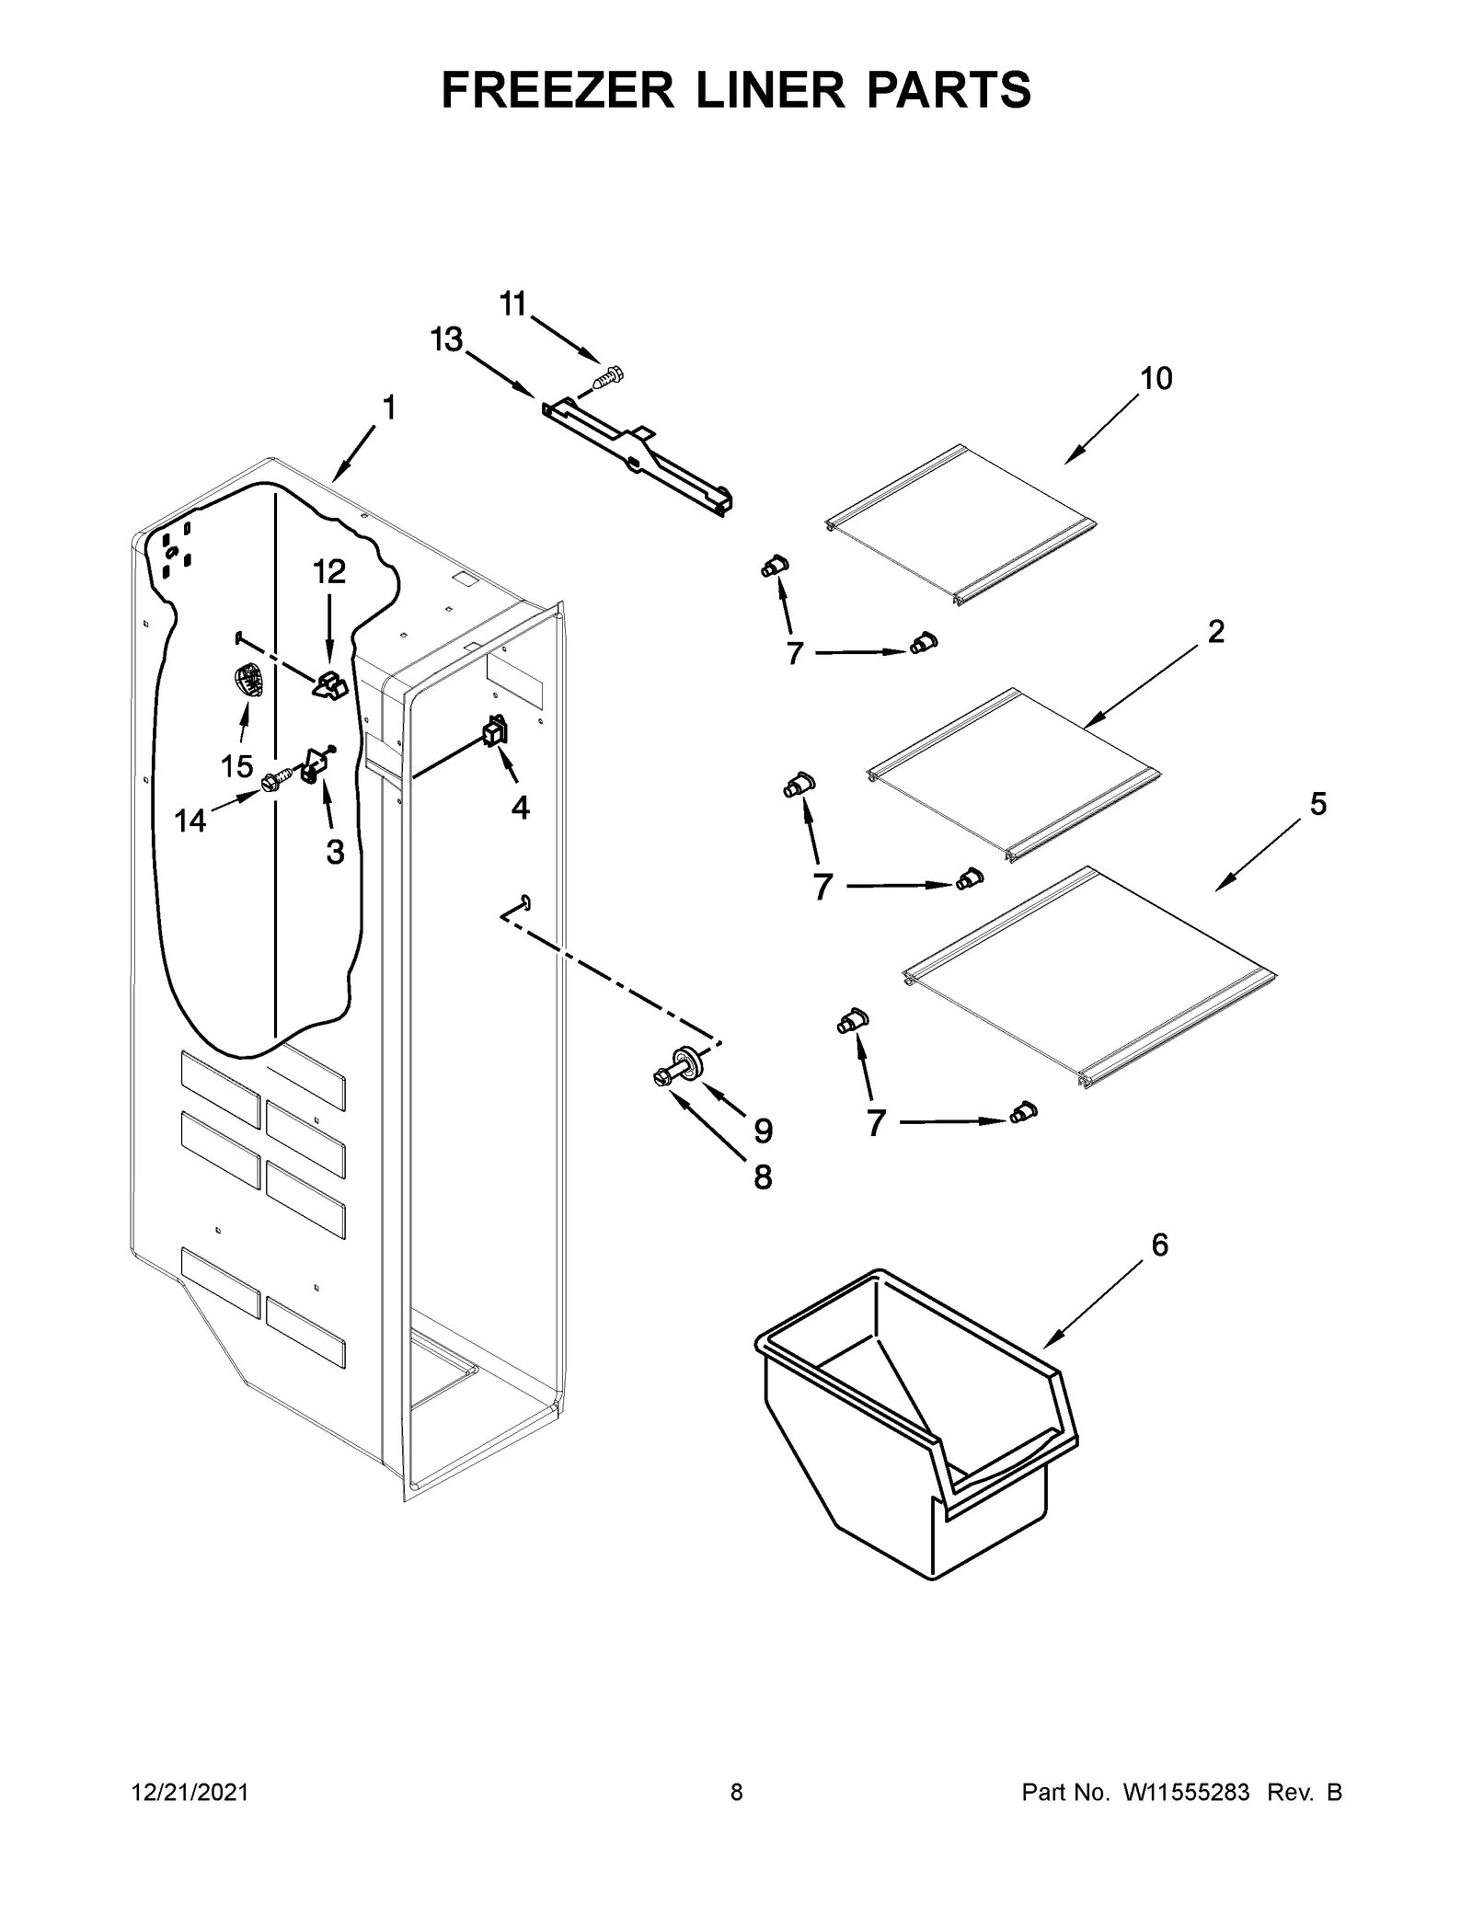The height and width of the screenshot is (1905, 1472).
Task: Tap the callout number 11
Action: (x=513, y=303)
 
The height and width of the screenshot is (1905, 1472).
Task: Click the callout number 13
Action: (x=447, y=340)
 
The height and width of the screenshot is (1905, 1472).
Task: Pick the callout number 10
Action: (x=1156, y=378)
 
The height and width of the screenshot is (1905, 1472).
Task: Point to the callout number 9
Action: (x=763, y=1130)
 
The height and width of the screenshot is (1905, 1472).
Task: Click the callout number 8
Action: (x=763, y=1176)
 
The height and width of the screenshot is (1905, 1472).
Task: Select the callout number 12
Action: (x=329, y=572)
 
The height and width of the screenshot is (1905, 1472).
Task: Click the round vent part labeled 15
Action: (x=247, y=682)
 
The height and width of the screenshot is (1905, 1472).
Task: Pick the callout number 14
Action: (x=190, y=821)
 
